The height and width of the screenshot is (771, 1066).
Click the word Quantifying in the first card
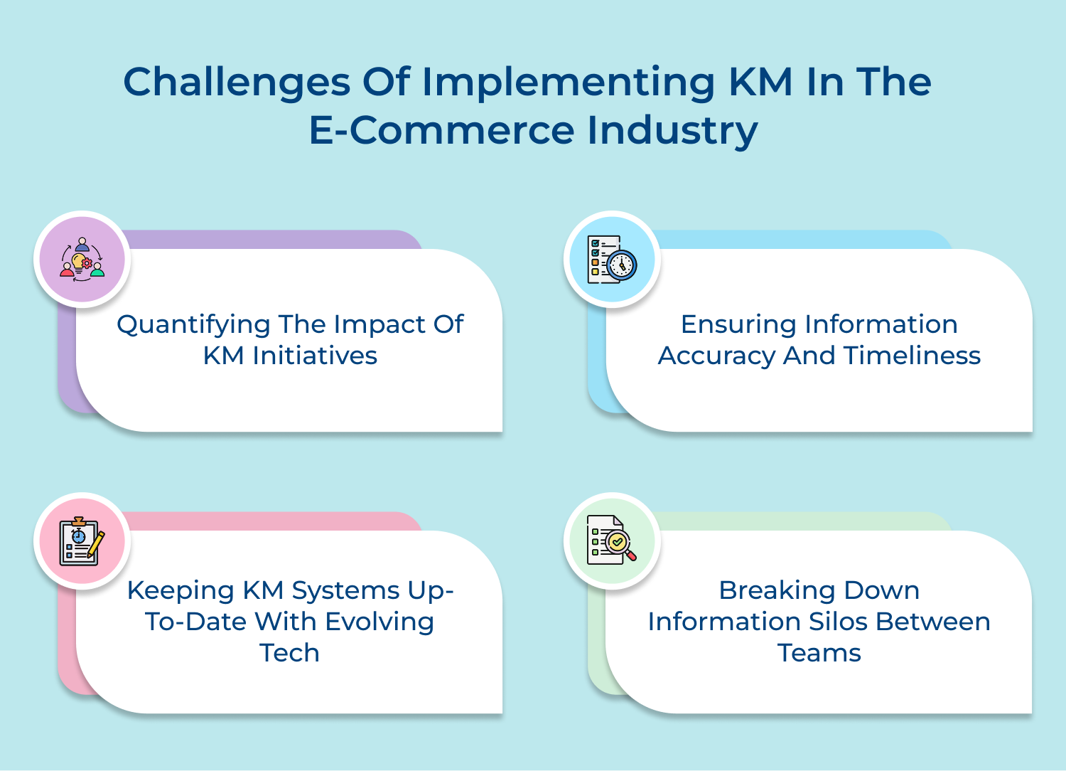click(x=193, y=325)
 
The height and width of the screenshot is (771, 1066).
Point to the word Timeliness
click(x=912, y=356)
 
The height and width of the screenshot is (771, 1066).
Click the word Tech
click(x=289, y=653)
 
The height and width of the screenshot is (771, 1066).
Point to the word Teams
click(x=819, y=653)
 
